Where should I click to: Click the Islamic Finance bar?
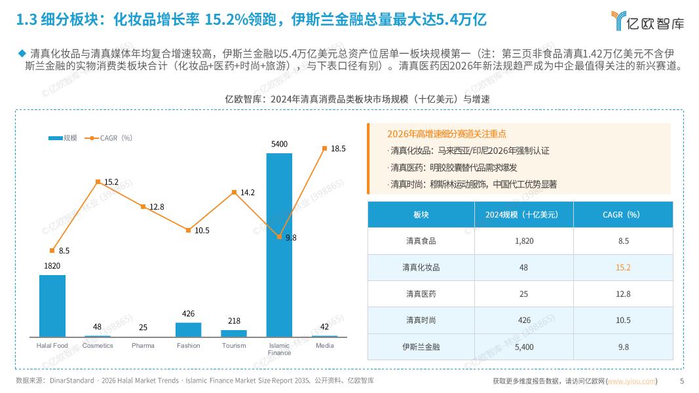(279, 245)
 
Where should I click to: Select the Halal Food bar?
(52, 305)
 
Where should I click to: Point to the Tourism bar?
(234, 333)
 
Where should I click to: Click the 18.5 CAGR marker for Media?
(324, 149)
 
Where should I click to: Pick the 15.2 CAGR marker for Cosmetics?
(98, 181)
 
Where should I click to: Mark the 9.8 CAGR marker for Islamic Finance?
(279, 236)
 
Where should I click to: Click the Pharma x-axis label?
(143, 345)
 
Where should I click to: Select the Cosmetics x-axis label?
(98, 345)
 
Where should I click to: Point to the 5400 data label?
(279, 143)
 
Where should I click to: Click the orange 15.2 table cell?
(623, 267)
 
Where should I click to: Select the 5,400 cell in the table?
(524, 346)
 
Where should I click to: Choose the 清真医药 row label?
(421, 294)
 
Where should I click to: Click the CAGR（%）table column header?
(623, 214)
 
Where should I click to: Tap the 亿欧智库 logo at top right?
(647, 22)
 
